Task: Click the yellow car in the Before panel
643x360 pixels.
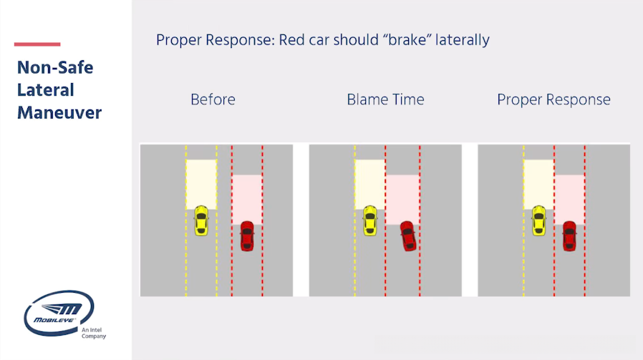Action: tap(201, 220)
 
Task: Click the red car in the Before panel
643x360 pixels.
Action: tap(247, 236)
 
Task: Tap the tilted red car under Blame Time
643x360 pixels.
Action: tap(408, 236)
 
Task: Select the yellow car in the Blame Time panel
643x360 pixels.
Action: tap(370, 220)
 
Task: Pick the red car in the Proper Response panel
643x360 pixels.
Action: tap(569, 236)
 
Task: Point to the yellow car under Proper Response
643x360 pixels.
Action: tap(539, 220)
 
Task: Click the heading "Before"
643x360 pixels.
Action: tap(213, 99)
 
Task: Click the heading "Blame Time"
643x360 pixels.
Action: tap(385, 99)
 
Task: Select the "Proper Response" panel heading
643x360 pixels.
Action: tap(553, 99)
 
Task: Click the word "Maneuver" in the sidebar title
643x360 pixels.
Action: tap(59, 113)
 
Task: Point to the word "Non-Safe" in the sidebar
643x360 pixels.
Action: tap(55, 68)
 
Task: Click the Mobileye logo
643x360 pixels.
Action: tap(59, 313)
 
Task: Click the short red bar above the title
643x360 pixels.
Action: tap(37, 44)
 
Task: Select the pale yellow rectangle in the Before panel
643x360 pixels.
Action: tap(201, 185)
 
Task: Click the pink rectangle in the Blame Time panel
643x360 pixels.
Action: tap(402, 200)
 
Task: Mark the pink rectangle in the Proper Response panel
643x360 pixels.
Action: tap(569, 200)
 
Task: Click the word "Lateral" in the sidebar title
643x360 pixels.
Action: tap(46, 90)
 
